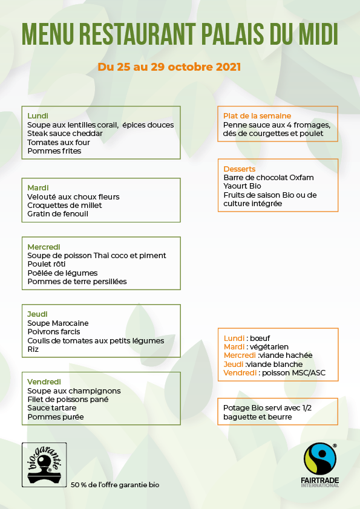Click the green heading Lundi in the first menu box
click(x=38, y=115)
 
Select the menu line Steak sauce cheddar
click(x=65, y=134)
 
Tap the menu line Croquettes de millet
click(x=65, y=205)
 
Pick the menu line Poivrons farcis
click(x=54, y=332)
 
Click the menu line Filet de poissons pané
click(x=68, y=400)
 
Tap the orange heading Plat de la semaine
click(x=257, y=115)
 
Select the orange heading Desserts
click(x=240, y=169)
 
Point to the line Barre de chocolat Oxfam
click(x=269, y=178)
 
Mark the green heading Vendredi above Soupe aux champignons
click(x=44, y=381)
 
